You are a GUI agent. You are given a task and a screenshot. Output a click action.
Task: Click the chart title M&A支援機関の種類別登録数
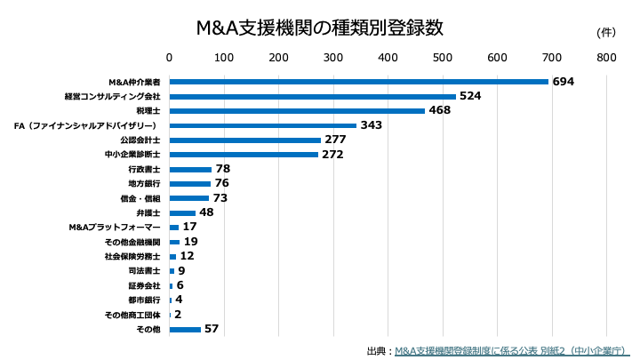tap(319, 27)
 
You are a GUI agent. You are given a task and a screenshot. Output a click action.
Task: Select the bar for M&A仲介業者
tap(359, 82)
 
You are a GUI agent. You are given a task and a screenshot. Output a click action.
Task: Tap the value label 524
tap(470, 96)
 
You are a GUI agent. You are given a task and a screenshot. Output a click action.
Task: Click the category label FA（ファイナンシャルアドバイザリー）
tap(87, 125)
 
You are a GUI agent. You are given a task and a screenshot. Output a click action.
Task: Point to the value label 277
tap(335, 140)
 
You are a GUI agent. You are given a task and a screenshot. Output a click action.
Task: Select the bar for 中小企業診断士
tap(244, 155)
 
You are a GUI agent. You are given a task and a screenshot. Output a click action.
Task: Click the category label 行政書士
tap(144, 169)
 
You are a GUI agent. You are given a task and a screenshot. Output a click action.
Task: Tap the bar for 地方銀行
tap(190, 184)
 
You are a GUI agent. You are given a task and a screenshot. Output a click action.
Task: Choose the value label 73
tap(220, 197)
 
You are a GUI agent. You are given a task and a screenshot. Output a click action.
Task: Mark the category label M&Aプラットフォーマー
tap(115, 228)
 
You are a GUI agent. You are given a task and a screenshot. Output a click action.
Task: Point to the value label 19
tap(190, 242)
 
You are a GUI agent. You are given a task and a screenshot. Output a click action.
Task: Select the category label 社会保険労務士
tap(132, 256)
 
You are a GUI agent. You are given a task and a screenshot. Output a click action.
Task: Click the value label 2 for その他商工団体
tap(178, 315)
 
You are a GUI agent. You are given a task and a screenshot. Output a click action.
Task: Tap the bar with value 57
tap(185, 329)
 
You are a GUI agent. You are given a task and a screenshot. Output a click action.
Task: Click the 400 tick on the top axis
tap(388, 58)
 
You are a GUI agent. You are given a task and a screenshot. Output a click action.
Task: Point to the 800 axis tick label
tap(606, 58)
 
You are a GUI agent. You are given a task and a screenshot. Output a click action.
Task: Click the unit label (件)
tap(605, 33)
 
